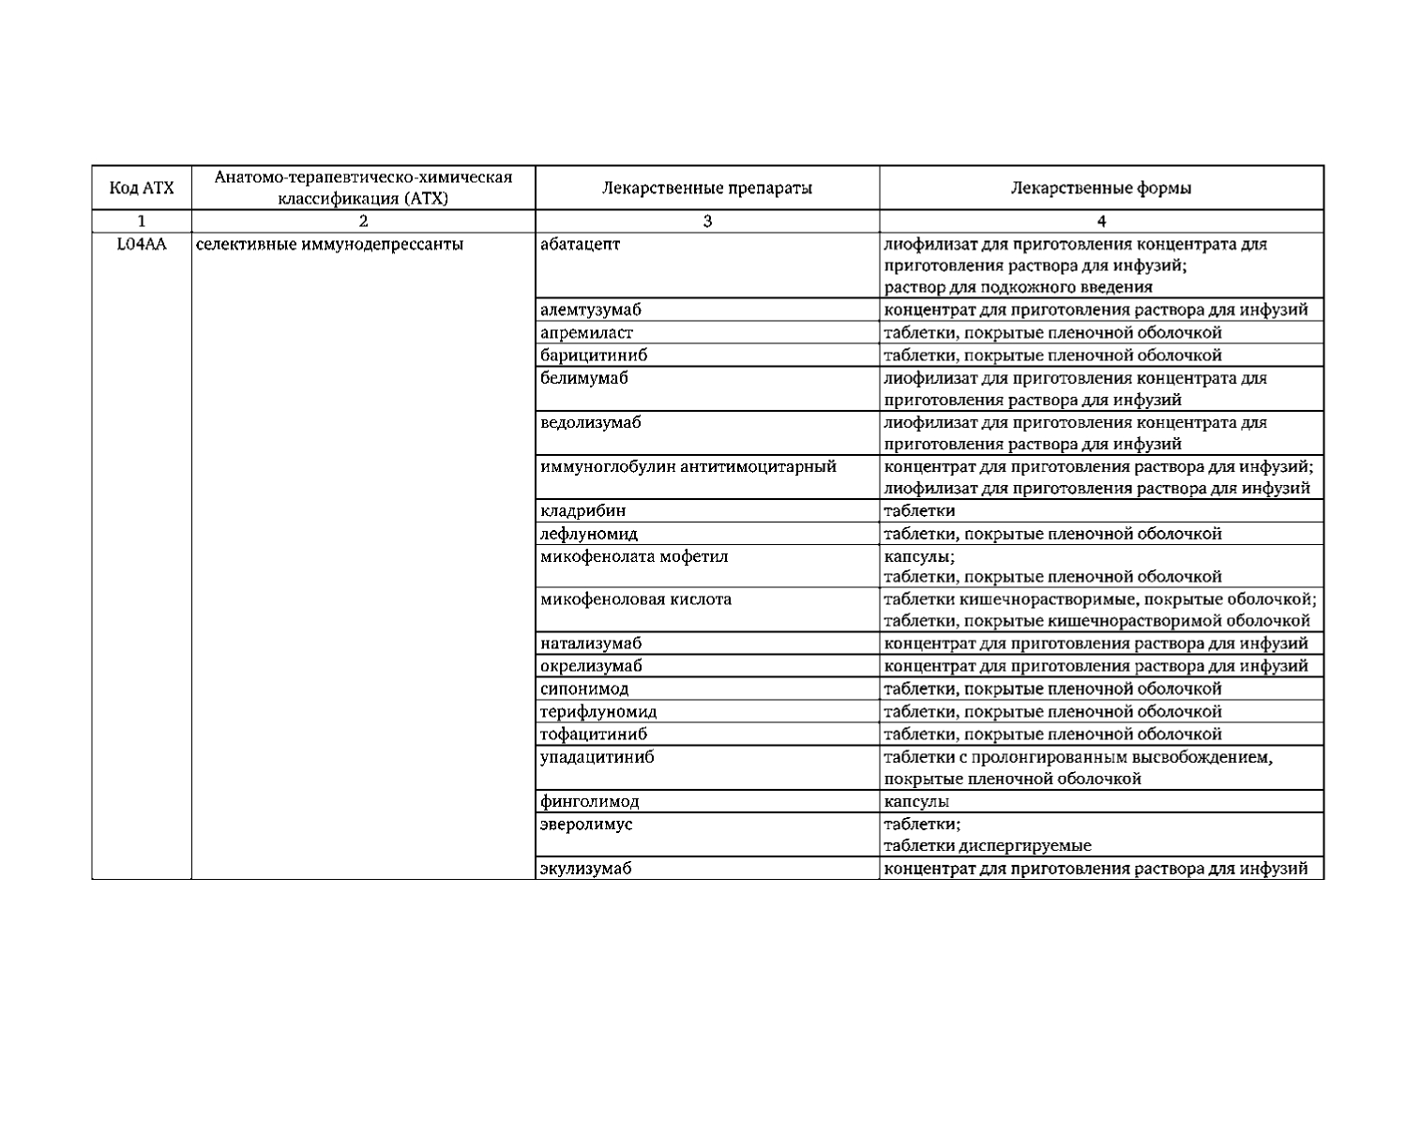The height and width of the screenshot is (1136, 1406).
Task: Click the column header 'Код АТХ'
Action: click(142, 188)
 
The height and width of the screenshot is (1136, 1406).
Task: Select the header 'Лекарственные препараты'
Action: click(706, 188)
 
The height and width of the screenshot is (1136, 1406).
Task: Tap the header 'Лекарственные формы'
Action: click(1101, 188)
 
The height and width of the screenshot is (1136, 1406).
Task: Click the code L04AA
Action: click(142, 245)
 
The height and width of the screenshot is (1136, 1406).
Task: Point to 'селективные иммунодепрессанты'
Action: click(329, 245)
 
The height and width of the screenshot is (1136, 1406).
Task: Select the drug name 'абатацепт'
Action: click(580, 245)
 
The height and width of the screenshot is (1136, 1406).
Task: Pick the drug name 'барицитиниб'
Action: click(593, 356)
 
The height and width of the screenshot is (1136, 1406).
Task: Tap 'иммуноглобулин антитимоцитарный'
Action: click(688, 466)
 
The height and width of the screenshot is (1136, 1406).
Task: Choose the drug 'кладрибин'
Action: click(582, 511)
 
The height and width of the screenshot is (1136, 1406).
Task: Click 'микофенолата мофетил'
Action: click(634, 556)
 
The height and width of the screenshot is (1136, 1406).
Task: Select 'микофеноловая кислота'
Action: click(635, 598)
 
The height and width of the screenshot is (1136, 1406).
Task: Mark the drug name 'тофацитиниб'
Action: click(593, 735)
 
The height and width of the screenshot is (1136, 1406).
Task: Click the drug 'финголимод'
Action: click(589, 802)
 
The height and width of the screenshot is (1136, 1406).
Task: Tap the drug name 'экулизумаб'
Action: click(585, 869)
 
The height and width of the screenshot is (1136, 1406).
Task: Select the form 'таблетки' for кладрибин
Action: click(919, 511)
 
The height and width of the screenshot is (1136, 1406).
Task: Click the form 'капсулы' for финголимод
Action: click(916, 802)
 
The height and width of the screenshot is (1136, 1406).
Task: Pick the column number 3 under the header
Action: click(707, 221)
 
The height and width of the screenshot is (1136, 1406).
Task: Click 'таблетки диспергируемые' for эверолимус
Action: click(988, 845)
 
